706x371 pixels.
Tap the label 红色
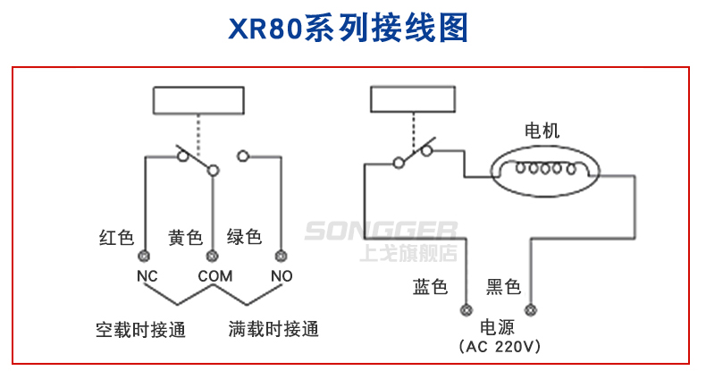point(116,238)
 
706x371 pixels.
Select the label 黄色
point(186,238)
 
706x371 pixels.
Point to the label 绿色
point(244,237)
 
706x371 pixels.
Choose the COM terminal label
point(214,275)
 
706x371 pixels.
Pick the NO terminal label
point(282,275)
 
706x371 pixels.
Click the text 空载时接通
point(141,330)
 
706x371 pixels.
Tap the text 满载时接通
point(273,330)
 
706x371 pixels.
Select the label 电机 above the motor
point(542,131)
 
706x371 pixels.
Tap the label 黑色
point(503,287)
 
